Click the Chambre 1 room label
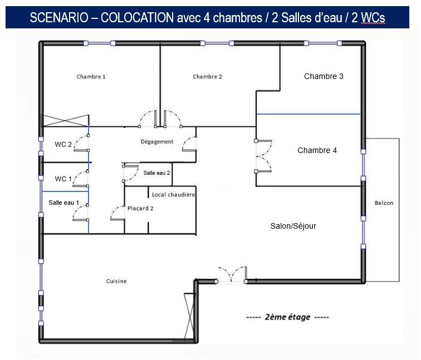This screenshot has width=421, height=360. [91, 77]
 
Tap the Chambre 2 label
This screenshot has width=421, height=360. [208, 77]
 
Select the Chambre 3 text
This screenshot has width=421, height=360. [324, 76]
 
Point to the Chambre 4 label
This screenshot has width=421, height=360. [317, 150]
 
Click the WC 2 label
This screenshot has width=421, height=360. [63, 145]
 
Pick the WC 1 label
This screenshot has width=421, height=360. [63, 179]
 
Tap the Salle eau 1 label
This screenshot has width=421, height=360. [64, 203]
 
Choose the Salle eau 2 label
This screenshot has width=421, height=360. [156, 173]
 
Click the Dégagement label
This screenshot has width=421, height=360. [157, 142]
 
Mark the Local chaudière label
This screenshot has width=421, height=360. [174, 195]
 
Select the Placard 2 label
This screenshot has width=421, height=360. [140, 209]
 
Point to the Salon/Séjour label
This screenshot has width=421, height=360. [293, 226]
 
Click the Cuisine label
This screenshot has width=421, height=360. [116, 282]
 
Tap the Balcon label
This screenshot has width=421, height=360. [384, 203]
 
